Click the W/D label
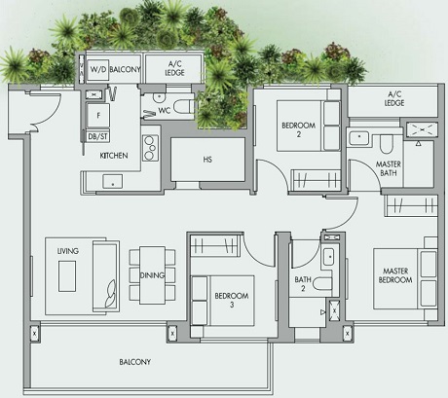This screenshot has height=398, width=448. coord(98,70)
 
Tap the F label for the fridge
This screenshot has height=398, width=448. coord(97,115)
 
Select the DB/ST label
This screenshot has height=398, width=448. coord(98,137)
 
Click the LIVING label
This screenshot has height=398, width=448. coord(67,250)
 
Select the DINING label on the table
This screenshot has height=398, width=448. coord(152,275)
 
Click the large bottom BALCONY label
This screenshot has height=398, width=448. coord(135,362)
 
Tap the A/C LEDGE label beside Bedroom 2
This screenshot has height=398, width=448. coord(394,97)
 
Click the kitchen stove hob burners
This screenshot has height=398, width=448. coord(151,147)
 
